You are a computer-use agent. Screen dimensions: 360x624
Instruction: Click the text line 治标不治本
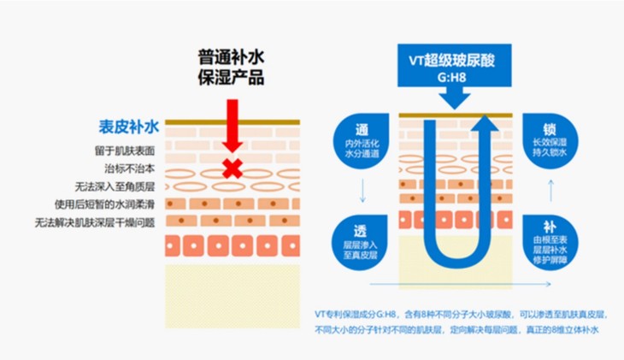click(132, 168)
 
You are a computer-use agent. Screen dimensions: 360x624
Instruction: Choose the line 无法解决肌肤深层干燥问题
click(97, 222)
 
